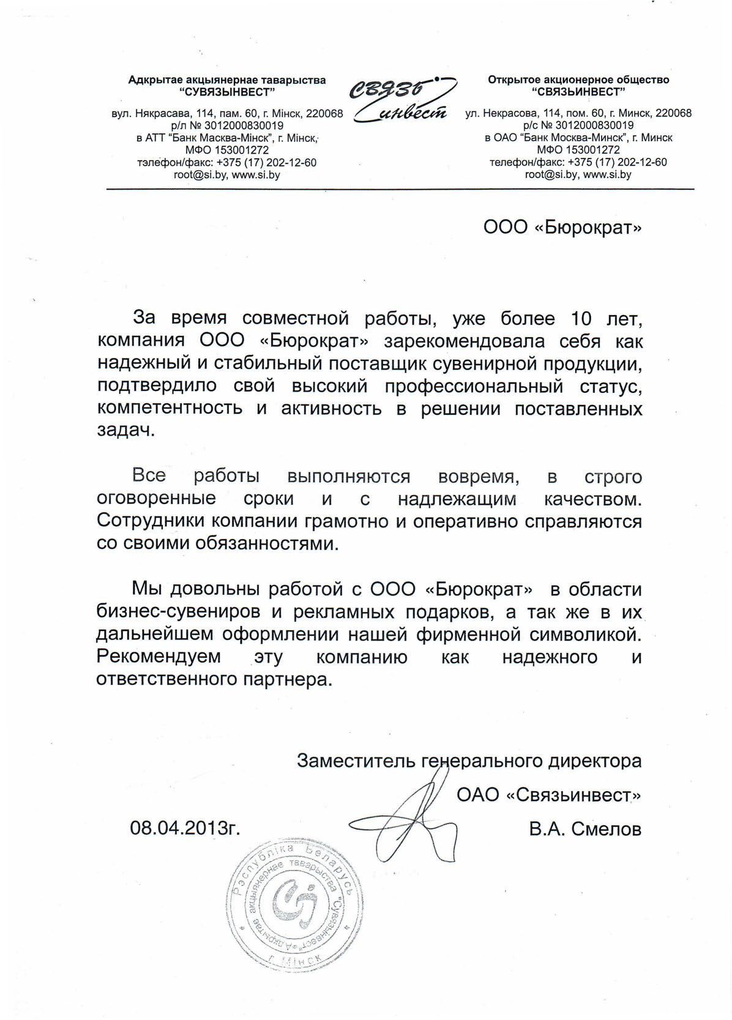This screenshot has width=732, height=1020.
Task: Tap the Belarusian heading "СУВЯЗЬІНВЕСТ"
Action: click(x=227, y=92)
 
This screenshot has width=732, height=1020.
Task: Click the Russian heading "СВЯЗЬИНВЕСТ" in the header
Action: click(x=578, y=92)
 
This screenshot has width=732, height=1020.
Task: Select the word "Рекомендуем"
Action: click(x=159, y=657)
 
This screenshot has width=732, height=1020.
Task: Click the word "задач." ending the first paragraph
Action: click(x=126, y=430)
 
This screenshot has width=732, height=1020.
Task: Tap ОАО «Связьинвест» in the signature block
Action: click(x=549, y=795)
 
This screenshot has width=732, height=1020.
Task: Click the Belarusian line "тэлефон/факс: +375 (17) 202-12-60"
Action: click(x=227, y=162)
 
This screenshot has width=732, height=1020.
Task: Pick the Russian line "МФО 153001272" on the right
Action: click(x=578, y=150)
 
